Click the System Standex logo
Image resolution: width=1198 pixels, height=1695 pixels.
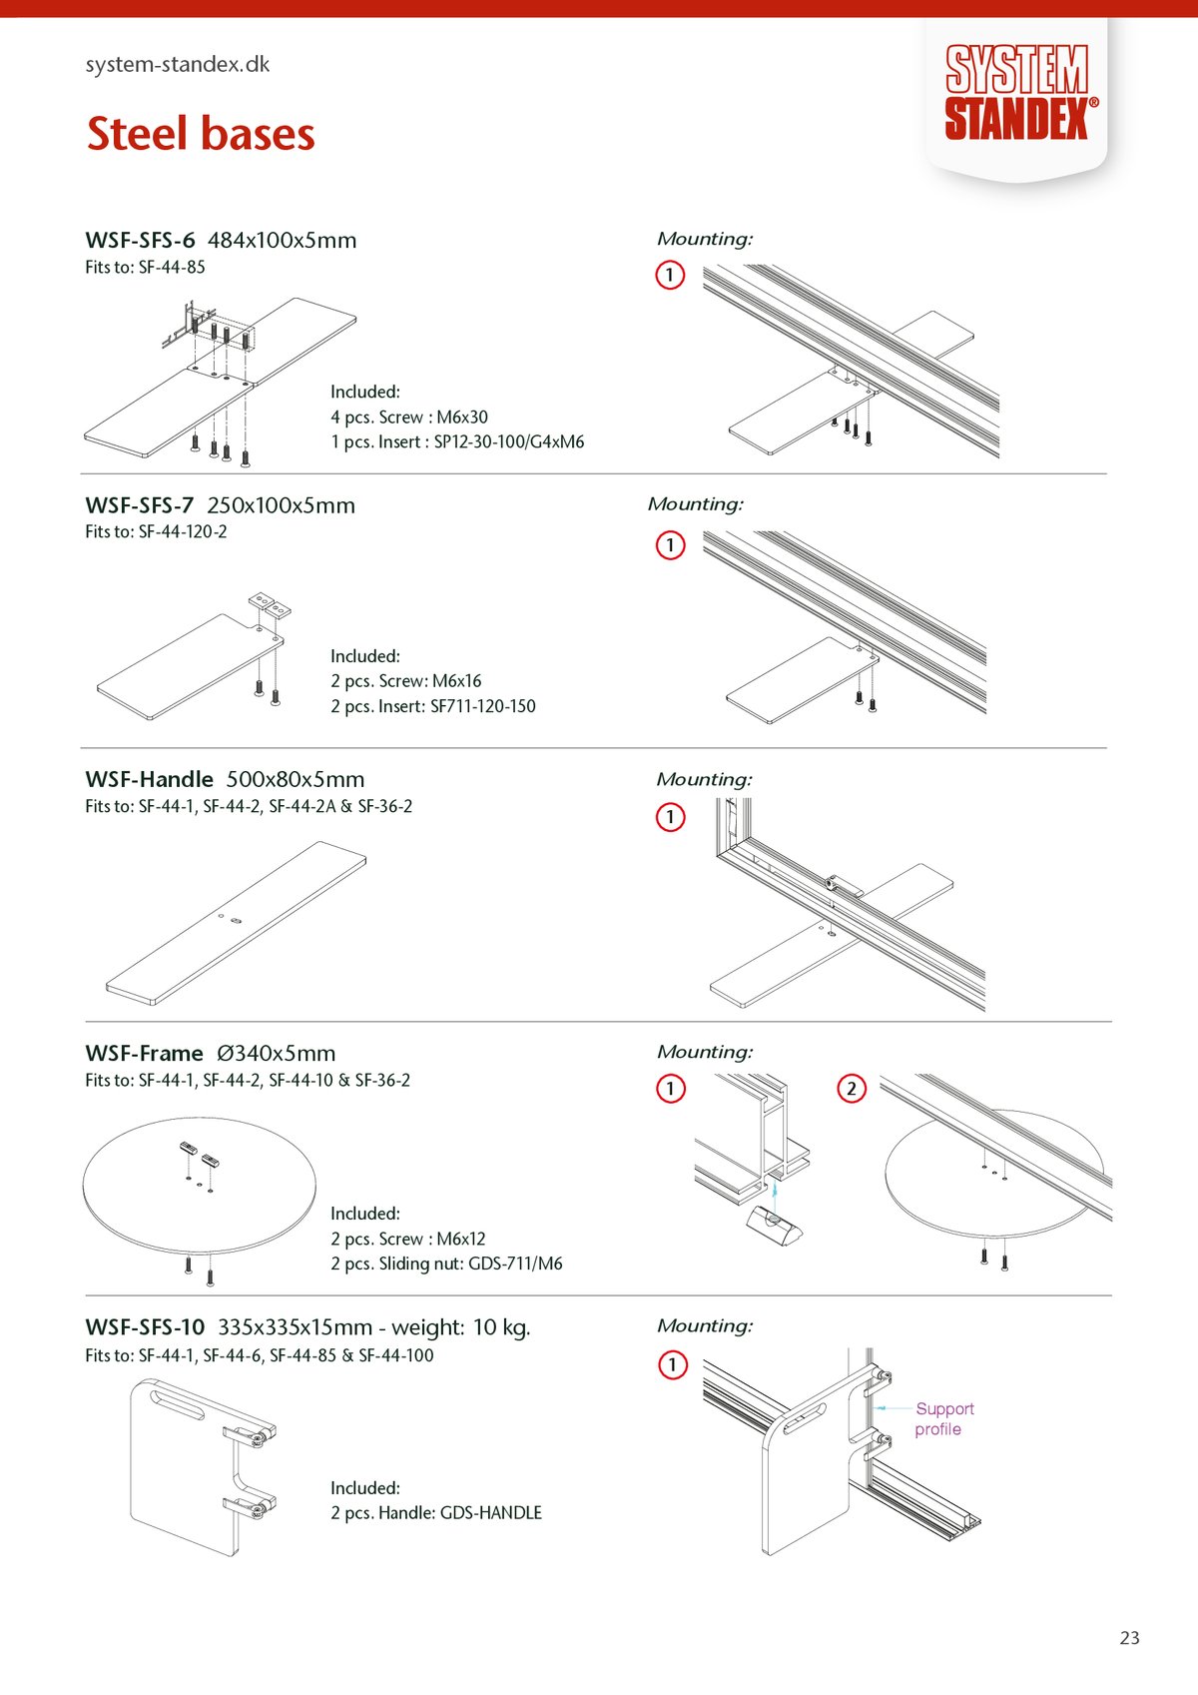coord(1017,93)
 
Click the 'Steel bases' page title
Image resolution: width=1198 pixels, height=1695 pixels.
coord(201,134)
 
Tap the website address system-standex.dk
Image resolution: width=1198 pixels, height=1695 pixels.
coord(178,65)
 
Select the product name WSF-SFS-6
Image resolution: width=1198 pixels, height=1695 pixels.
coord(140,241)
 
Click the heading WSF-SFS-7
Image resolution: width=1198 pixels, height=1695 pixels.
coord(140,505)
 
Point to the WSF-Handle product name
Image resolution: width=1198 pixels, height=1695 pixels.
coord(149,779)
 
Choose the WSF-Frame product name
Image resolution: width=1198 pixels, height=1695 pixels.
coord(144,1053)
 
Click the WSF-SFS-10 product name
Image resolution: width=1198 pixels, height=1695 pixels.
coord(145,1327)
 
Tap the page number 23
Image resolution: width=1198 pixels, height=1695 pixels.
coord(1129,1638)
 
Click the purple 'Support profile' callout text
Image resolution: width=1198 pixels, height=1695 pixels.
coord(942,1418)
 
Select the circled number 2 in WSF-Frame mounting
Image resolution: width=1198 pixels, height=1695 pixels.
coord(851,1088)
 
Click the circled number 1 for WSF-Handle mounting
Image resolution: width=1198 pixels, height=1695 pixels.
coord(670,817)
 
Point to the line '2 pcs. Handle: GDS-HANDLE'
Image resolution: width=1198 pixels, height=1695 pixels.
coord(436,1512)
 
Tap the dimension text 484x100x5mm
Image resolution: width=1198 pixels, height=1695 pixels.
coord(282,241)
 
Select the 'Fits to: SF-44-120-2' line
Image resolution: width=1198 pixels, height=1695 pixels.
coord(156,532)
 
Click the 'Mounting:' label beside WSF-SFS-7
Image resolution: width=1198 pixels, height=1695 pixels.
coord(695,504)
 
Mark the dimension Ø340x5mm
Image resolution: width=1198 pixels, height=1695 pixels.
coord(276,1053)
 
